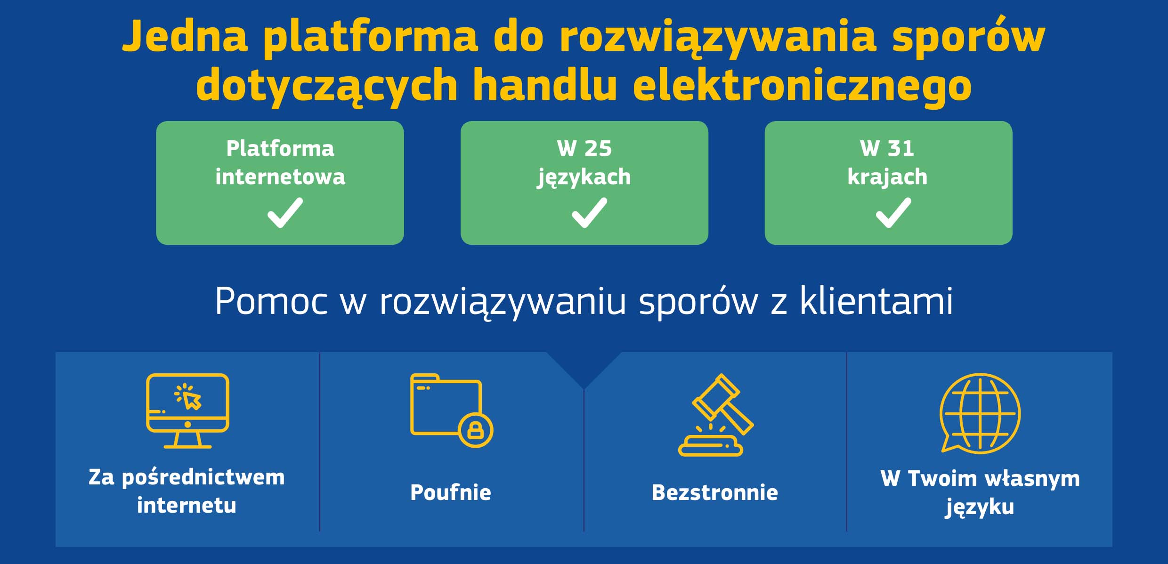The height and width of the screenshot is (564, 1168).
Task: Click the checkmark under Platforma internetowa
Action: pyautogui.click(x=285, y=213)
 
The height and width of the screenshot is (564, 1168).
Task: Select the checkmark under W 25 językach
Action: pyautogui.click(x=589, y=213)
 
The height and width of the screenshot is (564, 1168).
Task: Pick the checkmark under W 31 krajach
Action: pyautogui.click(x=893, y=213)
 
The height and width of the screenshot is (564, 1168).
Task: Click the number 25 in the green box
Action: pyautogui.click(x=598, y=148)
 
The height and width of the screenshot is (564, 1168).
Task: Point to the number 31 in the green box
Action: pyautogui.click(x=901, y=148)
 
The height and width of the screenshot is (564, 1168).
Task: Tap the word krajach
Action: pyautogui.click(x=887, y=177)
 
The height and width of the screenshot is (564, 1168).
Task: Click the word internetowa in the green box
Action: pyautogui.click(x=280, y=177)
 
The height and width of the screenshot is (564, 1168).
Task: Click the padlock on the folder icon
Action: pyautogui.click(x=476, y=430)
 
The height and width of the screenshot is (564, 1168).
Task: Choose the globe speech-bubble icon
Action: pyautogui.click(x=980, y=413)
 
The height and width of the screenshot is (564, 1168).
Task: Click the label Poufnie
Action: pyautogui.click(x=451, y=492)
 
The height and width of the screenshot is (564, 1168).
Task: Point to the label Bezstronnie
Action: pyautogui.click(x=715, y=492)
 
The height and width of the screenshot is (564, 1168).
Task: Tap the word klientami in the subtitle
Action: pyautogui.click(x=876, y=300)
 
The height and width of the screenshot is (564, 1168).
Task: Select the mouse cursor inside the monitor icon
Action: pyautogui.click(x=190, y=399)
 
